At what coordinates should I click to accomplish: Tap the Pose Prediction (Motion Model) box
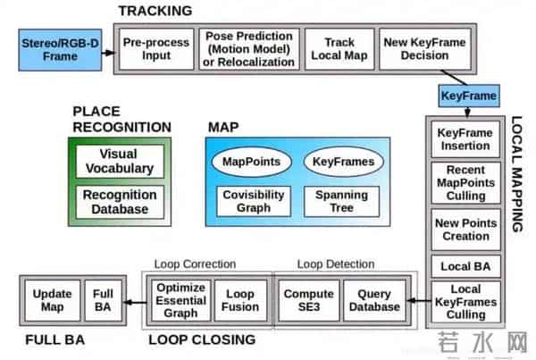click(x=249, y=48)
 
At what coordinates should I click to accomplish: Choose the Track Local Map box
click(x=339, y=48)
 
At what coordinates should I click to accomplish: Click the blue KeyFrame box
click(x=469, y=95)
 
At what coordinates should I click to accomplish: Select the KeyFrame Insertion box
click(x=465, y=139)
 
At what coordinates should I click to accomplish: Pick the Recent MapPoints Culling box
click(x=465, y=183)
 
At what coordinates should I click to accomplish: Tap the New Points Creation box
click(x=465, y=230)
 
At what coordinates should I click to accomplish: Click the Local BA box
click(x=465, y=266)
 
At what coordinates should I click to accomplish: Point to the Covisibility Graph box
click(x=252, y=201)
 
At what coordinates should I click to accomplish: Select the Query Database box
click(x=373, y=300)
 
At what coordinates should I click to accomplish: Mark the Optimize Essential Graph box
click(x=181, y=300)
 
